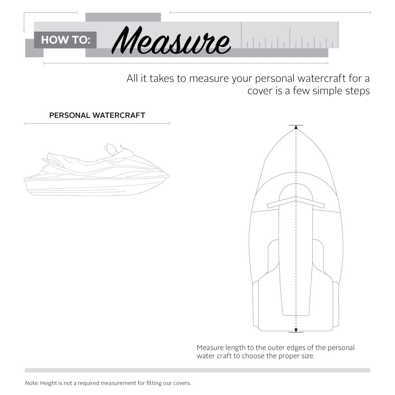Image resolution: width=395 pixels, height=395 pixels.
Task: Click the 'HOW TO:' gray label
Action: [x=65, y=40]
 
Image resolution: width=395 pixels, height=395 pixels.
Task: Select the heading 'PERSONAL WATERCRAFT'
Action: [x=97, y=115]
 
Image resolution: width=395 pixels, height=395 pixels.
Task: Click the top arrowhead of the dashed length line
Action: [x=296, y=128]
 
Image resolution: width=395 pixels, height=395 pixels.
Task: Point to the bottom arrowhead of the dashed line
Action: [x=296, y=330]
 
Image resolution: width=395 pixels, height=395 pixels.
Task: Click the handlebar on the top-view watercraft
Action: [x=296, y=202]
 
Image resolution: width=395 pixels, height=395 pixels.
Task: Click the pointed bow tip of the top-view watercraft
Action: [x=296, y=130]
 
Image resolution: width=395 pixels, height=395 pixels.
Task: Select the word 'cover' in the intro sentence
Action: [x=260, y=90]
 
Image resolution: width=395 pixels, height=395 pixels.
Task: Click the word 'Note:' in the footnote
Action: [x=32, y=383]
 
